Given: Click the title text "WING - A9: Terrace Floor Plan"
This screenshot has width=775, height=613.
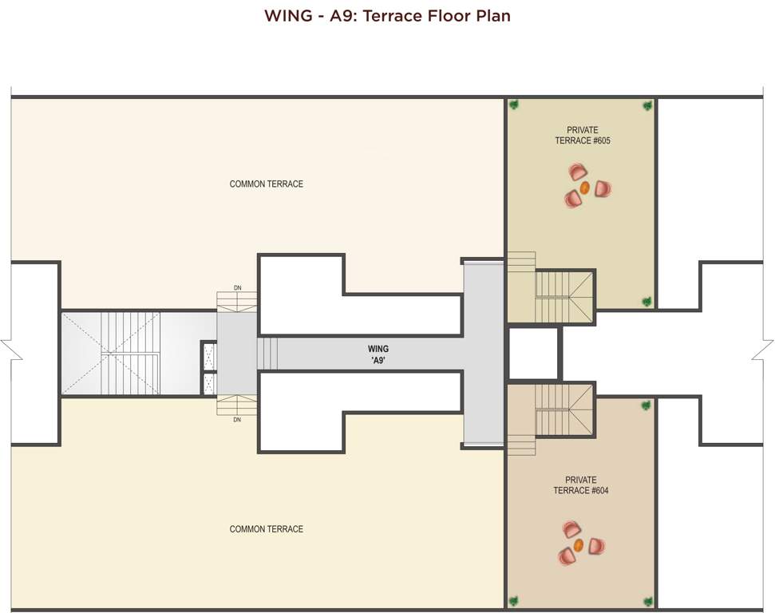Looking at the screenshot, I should pos(387,16).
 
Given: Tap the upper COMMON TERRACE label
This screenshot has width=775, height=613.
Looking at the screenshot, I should pos(266,184).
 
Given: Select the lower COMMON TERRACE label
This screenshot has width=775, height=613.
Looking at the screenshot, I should pos(266,529).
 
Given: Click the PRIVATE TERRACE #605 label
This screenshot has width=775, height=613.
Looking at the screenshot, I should pos(582,136).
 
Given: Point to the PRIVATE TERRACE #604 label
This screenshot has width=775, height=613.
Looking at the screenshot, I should pos(580,485).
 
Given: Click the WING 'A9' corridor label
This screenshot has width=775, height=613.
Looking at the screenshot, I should pos(378,354).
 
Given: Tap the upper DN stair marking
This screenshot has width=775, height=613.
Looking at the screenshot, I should pos(237,287).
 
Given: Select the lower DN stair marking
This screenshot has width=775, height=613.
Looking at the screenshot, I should pos(237,420).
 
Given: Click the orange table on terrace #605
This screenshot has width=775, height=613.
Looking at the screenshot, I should pos(584,188).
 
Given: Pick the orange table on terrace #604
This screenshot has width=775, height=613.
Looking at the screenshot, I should pos(579,545).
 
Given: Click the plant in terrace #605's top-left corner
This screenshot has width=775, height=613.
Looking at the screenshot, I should pos(514,105).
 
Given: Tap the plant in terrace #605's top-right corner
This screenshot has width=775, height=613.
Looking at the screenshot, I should pos(647,105).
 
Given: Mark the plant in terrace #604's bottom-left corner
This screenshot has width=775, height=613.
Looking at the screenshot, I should pos(514,601).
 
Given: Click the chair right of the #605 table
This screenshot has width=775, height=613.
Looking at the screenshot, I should pos(603,189).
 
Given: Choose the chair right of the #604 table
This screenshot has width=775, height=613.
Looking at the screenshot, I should pos(596,546).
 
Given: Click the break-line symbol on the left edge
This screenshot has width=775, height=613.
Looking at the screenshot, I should pos(6,353).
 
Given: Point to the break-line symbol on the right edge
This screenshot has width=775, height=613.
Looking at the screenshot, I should pos(767,351).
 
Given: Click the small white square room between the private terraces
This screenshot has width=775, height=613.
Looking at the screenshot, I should pos(533,353).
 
